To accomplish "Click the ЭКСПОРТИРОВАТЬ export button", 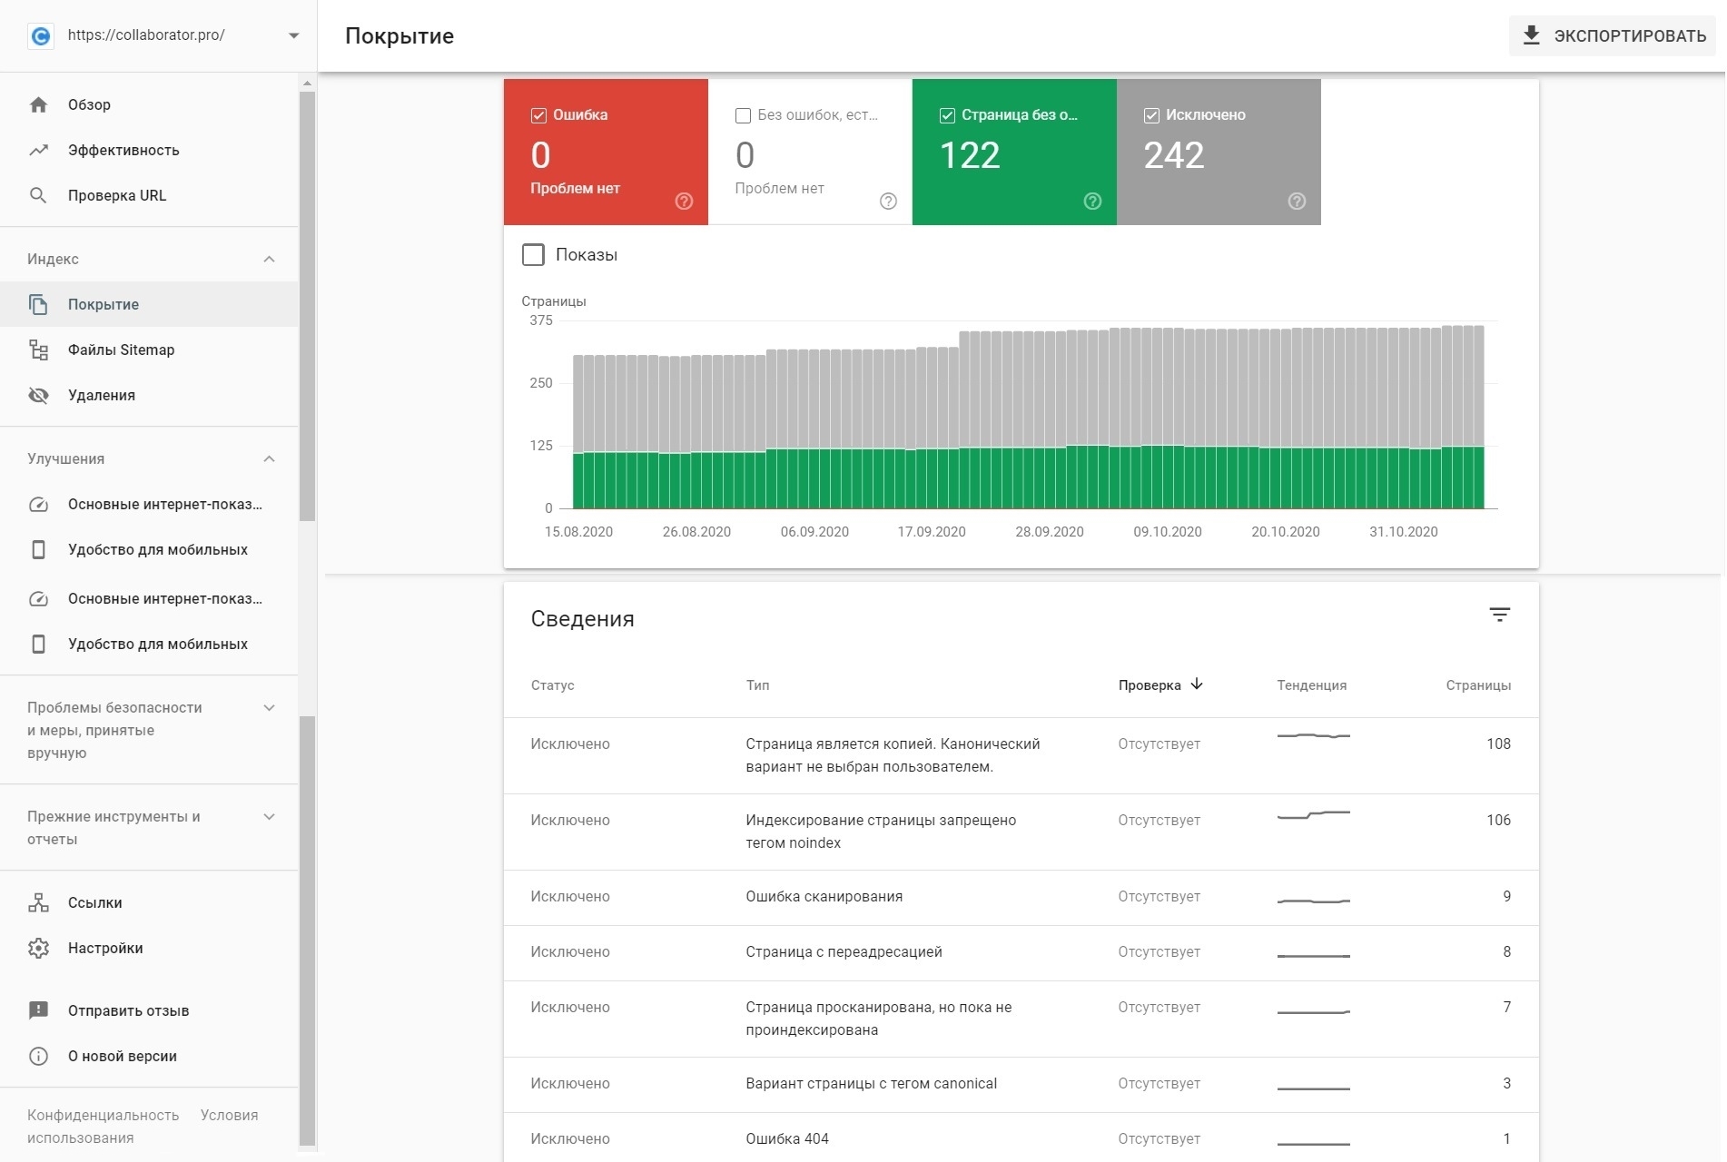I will [1613, 36].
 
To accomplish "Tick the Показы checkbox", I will [534, 255].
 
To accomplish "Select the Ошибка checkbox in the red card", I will [538, 115].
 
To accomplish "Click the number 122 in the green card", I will [969, 155].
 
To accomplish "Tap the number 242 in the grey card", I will [1173, 155].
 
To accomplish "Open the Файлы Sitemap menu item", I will [121, 350].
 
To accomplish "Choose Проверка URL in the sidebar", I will [116, 195].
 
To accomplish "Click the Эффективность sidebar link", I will [123, 150].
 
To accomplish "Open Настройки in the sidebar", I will [105, 948].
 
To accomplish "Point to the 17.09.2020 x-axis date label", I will [932, 532].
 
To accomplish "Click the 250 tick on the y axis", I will [541, 383].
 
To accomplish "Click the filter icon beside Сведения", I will [1499, 615].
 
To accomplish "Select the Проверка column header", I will [1150, 685].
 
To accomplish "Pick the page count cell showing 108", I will [1498, 743].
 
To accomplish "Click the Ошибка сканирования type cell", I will [824, 896].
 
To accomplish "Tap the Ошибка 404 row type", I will [786, 1138].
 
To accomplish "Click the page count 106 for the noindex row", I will [1498, 820].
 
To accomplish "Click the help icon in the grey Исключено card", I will [1297, 202].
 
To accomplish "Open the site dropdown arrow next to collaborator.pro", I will [293, 35].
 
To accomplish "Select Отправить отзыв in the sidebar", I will [128, 1010].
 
